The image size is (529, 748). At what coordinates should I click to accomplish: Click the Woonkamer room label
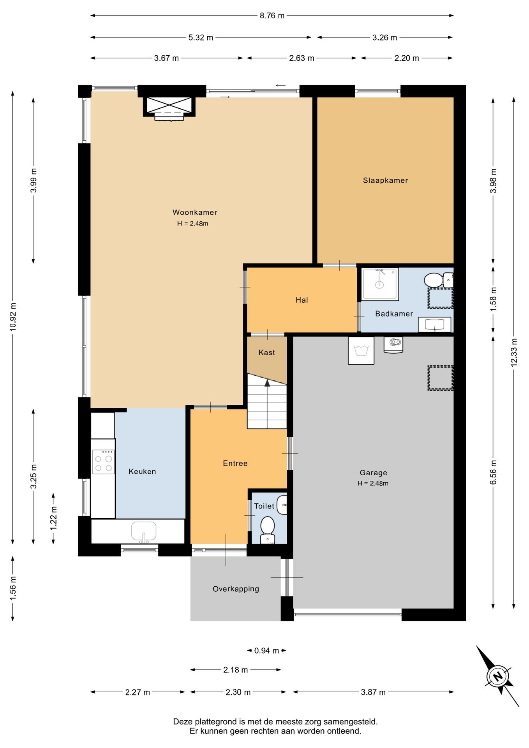(195, 212)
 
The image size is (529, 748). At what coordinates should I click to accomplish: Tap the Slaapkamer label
(385, 180)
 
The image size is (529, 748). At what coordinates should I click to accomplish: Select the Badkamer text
(394, 314)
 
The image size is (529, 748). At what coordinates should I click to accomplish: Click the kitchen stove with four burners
(104, 462)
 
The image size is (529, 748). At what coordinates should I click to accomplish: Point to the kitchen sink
(144, 531)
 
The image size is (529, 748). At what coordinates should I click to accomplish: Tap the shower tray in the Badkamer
(380, 284)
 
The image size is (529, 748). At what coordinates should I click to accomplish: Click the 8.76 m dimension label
(272, 16)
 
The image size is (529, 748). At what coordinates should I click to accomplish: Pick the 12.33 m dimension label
(514, 352)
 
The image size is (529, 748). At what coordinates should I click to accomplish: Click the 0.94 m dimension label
(266, 651)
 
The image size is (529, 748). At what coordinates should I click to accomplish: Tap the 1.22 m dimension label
(53, 518)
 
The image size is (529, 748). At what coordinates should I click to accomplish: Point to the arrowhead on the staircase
(267, 383)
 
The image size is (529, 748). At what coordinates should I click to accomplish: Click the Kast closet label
(267, 353)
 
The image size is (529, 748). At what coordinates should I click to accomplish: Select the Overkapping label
(236, 589)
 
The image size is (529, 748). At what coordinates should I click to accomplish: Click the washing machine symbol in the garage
(361, 351)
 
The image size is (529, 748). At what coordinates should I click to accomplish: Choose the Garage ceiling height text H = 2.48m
(373, 483)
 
